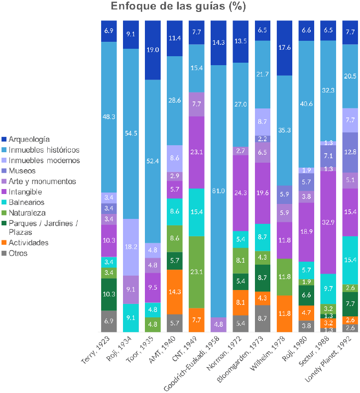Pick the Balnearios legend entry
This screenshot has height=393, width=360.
click(x=29, y=202)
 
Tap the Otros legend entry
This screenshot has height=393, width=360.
click(x=20, y=253)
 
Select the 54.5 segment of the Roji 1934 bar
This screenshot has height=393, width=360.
click(x=131, y=134)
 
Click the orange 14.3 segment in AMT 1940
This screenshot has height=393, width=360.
click(x=175, y=292)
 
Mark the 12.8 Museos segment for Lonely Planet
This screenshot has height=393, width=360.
click(x=351, y=152)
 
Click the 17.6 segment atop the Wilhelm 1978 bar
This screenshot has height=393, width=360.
click(x=284, y=48)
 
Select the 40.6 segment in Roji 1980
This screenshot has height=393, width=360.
click(x=307, y=104)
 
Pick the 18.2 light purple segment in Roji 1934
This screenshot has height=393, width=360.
click(x=131, y=247)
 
